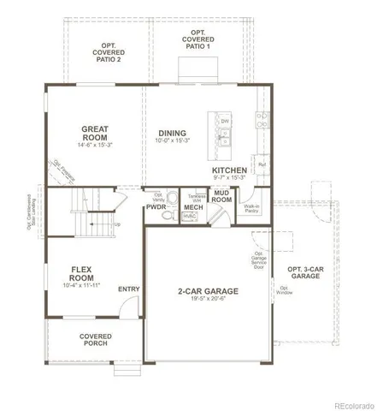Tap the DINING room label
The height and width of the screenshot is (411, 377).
[x=173, y=133]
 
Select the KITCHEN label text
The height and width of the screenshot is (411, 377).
[x=229, y=171]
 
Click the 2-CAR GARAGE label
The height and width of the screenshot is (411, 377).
[x=208, y=292]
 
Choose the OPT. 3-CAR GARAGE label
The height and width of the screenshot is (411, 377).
[x=305, y=275]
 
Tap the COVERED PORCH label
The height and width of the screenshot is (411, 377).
[x=94, y=341]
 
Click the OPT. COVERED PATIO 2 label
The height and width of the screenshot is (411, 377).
[x=108, y=53]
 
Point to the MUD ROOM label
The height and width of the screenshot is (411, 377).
[x=221, y=198]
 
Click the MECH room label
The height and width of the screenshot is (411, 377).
[x=193, y=207]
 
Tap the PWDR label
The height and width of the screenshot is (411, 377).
[x=156, y=207]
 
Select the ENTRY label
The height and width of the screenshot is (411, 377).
[x=129, y=289]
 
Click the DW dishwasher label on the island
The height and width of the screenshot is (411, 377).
[x=225, y=122]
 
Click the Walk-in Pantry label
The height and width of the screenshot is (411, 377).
[x=252, y=208]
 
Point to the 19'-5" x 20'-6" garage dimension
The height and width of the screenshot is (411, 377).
[x=208, y=301]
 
